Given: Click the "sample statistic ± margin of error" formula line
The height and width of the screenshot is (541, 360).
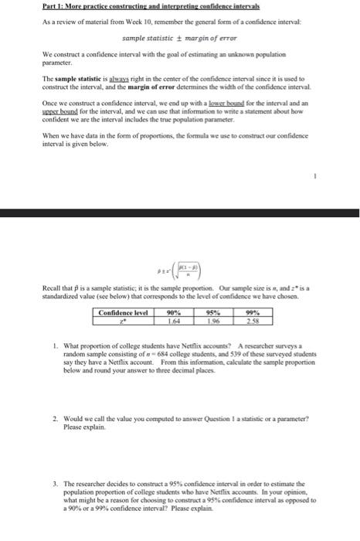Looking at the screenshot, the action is (179, 38).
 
